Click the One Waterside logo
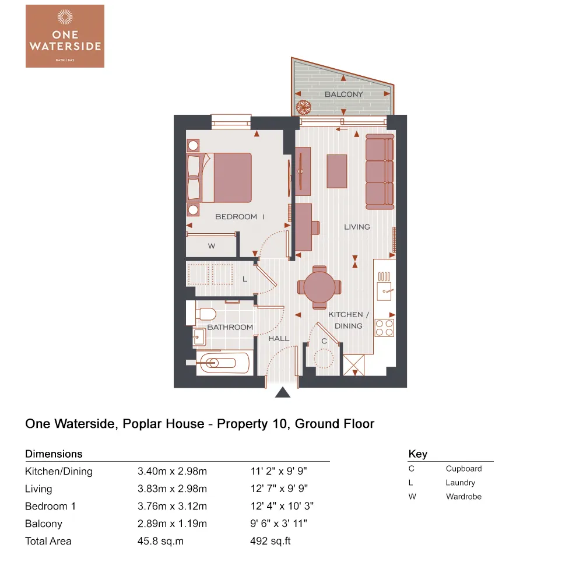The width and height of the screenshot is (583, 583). (x=65, y=36)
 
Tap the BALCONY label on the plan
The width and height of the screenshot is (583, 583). (x=343, y=94)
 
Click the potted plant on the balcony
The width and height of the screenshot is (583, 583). (x=303, y=107)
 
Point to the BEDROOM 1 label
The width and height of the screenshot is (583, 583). (x=240, y=217)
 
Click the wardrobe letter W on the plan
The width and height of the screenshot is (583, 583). (x=212, y=247)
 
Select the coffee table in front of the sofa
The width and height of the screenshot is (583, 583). (x=337, y=171)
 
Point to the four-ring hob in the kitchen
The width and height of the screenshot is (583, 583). (x=384, y=328)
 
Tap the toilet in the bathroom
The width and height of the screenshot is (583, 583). (x=202, y=314)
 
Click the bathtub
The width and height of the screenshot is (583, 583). (x=223, y=363)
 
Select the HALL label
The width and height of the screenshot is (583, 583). (x=279, y=339)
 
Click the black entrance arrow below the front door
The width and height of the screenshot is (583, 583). (x=283, y=393)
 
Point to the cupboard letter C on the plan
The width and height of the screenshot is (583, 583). (x=324, y=341)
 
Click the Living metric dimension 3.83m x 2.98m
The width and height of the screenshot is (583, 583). (x=172, y=489)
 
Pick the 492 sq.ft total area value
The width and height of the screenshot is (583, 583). (x=270, y=541)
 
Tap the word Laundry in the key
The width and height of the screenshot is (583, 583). (x=460, y=483)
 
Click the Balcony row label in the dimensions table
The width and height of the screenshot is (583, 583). (x=44, y=524)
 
